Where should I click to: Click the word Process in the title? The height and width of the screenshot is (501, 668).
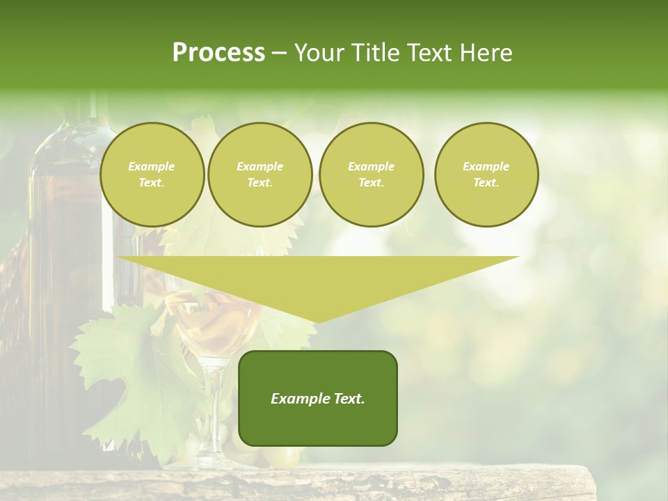pos(218,53)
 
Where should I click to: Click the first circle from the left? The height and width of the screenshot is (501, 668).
pos(152,175)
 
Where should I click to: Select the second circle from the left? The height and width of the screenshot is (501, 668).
pos(260,175)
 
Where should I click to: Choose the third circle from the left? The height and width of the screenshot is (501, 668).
pos(371,175)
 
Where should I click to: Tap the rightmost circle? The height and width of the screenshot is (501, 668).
pos(486,175)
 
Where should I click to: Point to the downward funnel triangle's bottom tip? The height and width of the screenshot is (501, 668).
pos(318,321)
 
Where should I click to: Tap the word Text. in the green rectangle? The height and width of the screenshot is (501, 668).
pos(348,399)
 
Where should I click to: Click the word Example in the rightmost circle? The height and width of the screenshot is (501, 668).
pos(486,167)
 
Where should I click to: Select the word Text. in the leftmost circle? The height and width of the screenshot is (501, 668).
pos(152,183)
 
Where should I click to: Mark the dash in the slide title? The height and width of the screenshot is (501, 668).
pos(280,53)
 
